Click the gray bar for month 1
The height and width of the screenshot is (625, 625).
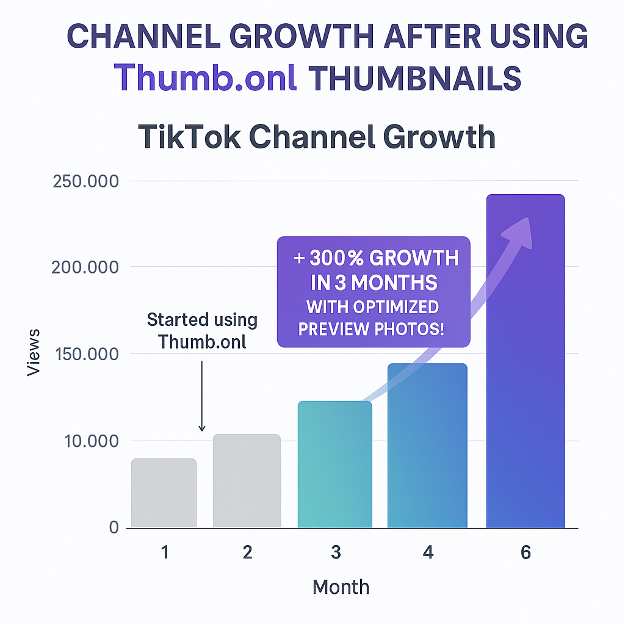tap(164, 493)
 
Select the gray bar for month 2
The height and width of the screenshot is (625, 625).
tap(247, 481)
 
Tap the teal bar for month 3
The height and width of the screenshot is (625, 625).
tap(334, 464)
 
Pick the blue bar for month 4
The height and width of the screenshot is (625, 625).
tap(427, 446)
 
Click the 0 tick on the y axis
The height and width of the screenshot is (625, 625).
tap(114, 527)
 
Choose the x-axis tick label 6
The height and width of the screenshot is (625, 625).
tap(526, 552)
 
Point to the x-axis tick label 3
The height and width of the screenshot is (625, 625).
tap(336, 552)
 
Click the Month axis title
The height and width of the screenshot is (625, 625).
tap(341, 587)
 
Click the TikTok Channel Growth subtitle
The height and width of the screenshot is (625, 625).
tap(316, 137)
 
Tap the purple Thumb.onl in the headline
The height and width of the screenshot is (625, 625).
tap(206, 78)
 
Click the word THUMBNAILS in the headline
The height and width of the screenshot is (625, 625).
tap(415, 78)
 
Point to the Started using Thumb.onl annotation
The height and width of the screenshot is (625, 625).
tap(203, 330)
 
